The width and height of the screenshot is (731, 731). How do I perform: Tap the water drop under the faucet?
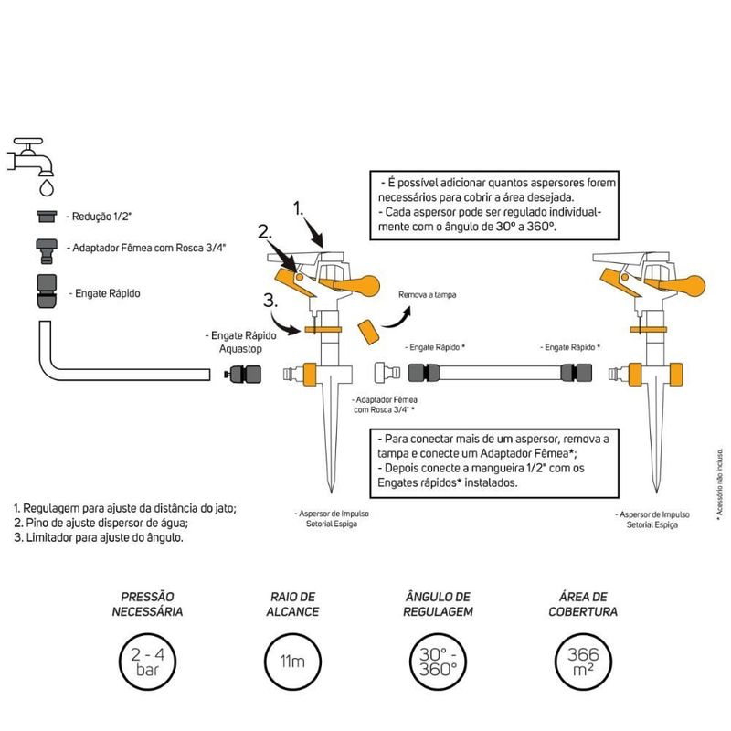(45, 186)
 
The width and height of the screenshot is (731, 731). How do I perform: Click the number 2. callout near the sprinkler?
(266, 234)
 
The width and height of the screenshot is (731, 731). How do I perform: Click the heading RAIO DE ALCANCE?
(293, 603)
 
